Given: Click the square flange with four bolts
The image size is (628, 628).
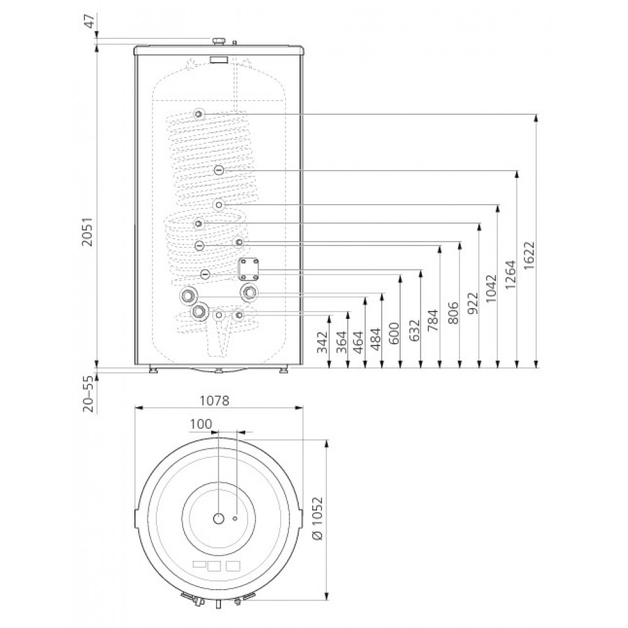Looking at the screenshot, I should (x=249, y=269).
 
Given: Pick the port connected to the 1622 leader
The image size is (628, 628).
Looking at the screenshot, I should (x=198, y=114).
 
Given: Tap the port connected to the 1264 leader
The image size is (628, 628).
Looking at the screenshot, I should (x=218, y=170).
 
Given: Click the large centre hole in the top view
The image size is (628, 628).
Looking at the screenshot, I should (x=218, y=519).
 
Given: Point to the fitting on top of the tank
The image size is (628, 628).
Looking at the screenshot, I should (x=219, y=41).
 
